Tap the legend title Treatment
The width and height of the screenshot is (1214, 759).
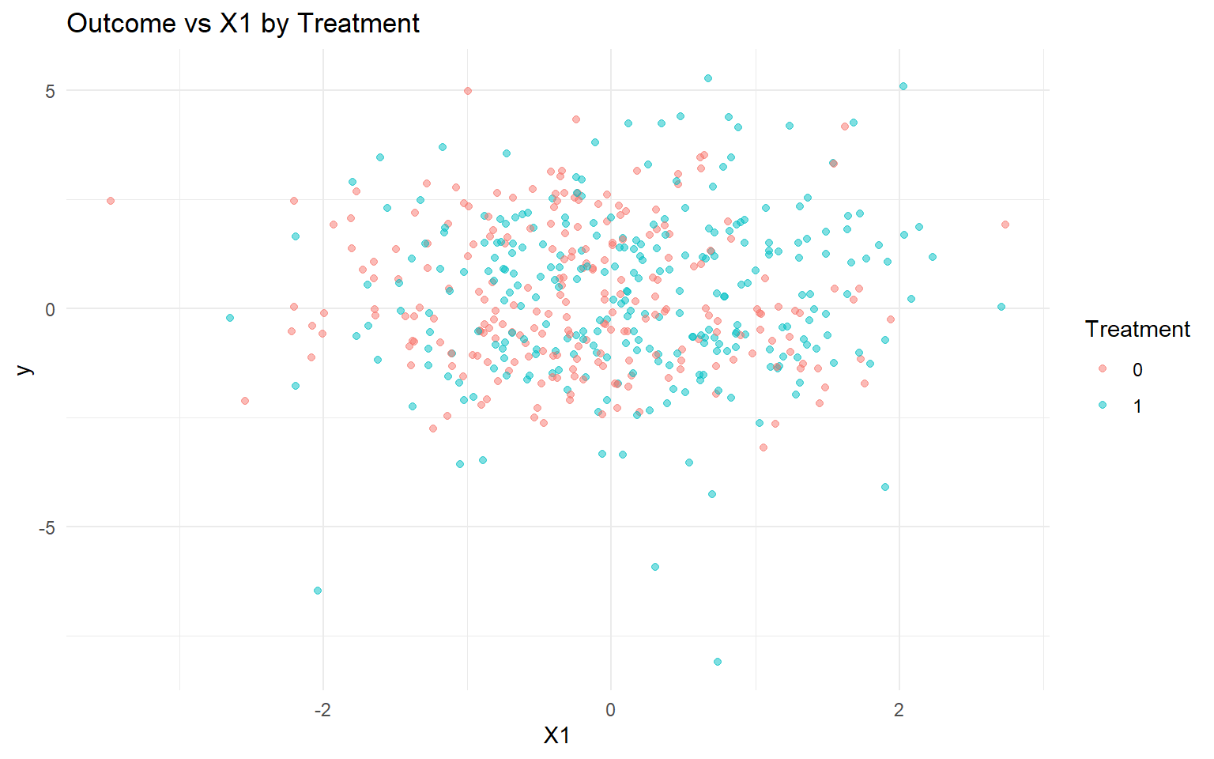(1137, 329)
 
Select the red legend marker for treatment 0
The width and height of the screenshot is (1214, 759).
(1103, 369)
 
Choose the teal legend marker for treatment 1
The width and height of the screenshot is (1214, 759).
(1103, 406)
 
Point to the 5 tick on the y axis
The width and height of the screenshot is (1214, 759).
(51, 91)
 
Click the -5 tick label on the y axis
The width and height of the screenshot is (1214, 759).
(47, 527)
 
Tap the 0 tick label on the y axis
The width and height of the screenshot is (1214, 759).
(51, 309)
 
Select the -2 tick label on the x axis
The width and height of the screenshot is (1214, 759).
(322, 709)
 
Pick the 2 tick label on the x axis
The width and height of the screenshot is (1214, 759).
(899, 709)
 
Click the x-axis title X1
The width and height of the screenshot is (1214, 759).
(556, 735)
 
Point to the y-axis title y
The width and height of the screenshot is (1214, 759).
(24, 369)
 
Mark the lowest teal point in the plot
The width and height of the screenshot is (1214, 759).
(717, 662)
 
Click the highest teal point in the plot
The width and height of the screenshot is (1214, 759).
(708, 78)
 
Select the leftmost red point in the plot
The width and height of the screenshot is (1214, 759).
(111, 201)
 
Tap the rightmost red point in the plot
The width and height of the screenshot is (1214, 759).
(1005, 225)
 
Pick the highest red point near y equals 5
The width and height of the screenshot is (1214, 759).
(468, 91)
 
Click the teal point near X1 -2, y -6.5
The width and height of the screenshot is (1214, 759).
(318, 591)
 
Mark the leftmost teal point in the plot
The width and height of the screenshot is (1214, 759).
(230, 318)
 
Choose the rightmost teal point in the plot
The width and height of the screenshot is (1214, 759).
(1001, 307)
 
